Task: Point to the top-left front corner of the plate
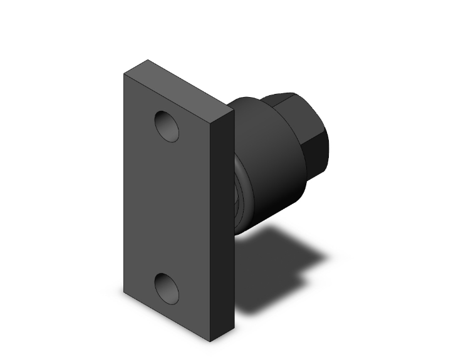pos(123,74)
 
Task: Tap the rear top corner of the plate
pos(148,60)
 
